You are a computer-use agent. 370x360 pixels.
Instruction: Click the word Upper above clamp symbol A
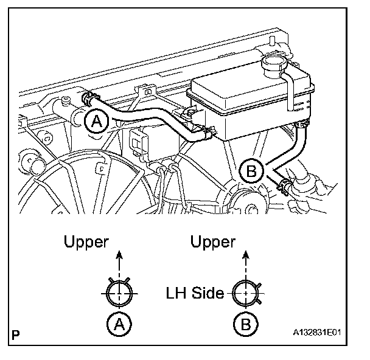(x=86, y=242)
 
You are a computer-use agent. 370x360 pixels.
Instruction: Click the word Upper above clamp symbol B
(x=213, y=242)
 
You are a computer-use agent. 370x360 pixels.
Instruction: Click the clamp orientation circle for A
(x=120, y=294)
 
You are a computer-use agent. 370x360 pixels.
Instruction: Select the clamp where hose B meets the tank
(x=299, y=126)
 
